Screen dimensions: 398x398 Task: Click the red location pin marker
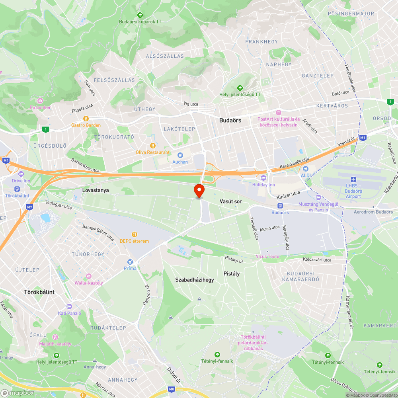pos(199,191)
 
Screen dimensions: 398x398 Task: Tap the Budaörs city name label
pos(230,120)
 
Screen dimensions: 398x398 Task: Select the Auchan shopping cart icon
pos(180,155)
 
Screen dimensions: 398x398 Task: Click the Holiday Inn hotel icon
pos(263,178)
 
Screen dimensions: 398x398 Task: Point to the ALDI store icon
pos(305,169)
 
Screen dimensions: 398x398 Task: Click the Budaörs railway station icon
pos(280,206)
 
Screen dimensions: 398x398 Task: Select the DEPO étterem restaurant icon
pos(135,234)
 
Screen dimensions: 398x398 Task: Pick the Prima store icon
pos(130,261)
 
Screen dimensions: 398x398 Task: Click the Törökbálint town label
pos(39,292)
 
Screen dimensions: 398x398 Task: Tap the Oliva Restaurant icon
pos(152,146)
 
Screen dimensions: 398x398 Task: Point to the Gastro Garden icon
pos(86,118)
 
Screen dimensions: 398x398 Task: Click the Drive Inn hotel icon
pos(21,174)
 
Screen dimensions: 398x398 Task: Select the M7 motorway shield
pos(29,207)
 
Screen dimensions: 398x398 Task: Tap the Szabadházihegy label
pos(195,280)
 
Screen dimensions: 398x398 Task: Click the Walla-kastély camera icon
pos(88,276)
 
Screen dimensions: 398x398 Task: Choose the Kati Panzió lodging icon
pos(69,306)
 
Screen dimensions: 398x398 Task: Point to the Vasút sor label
pos(231,202)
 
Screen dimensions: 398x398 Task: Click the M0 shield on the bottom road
pos(172,389)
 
